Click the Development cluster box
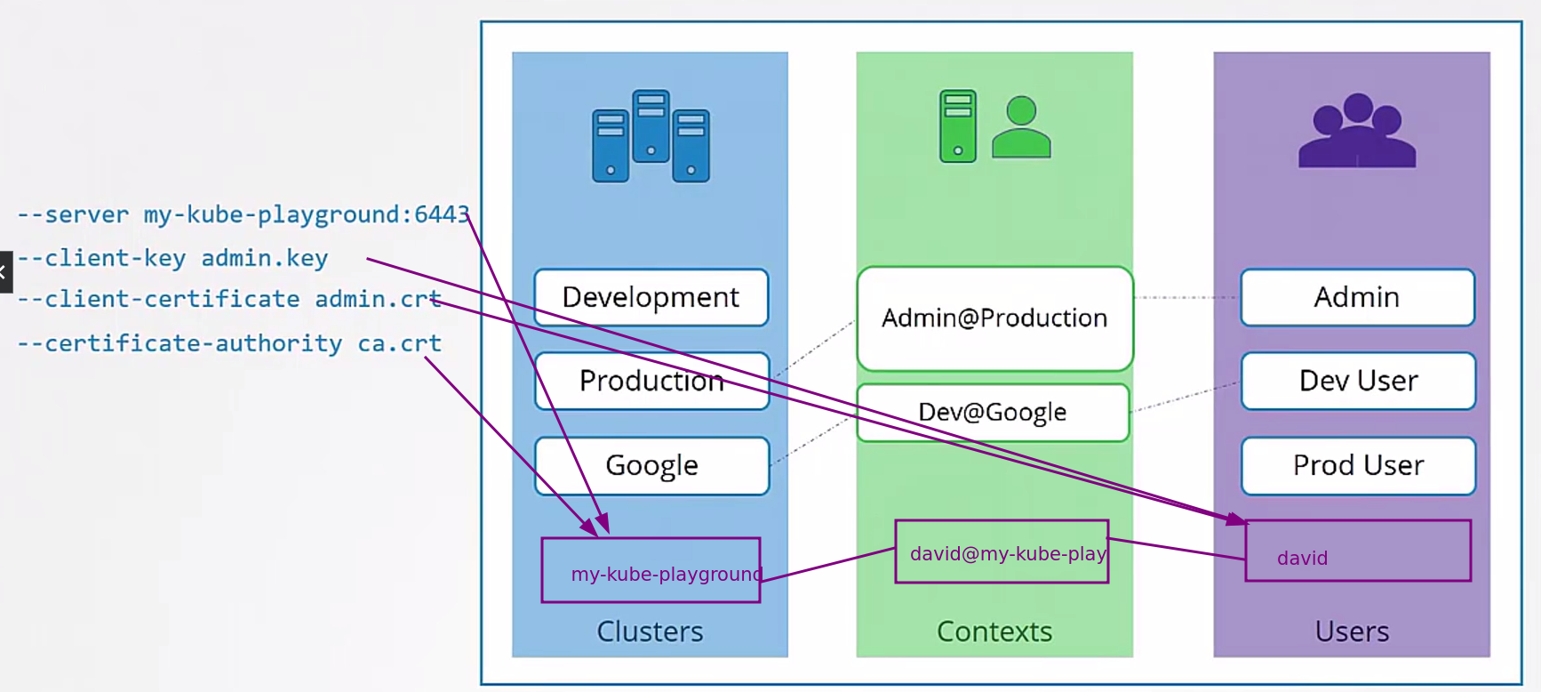click(651, 297)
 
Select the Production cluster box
click(651, 381)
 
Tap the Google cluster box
click(651, 465)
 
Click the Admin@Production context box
click(994, 318)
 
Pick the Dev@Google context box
click(993, 412)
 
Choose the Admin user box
click(1357, 297)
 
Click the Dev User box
click(1358, 381)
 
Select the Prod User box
click(1358, 465)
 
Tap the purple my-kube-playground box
click(651, 570)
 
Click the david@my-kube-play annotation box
click(1002, 551)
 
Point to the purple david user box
click(1358, 551)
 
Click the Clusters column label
click(650, 632)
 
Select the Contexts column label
click(994, 632)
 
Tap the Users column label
click(1352, 632)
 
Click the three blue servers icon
click(651, 136)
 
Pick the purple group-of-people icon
click(1357, 131)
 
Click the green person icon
click(1021, 128)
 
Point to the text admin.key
click(265, 258)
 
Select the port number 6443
click(441, 214)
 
